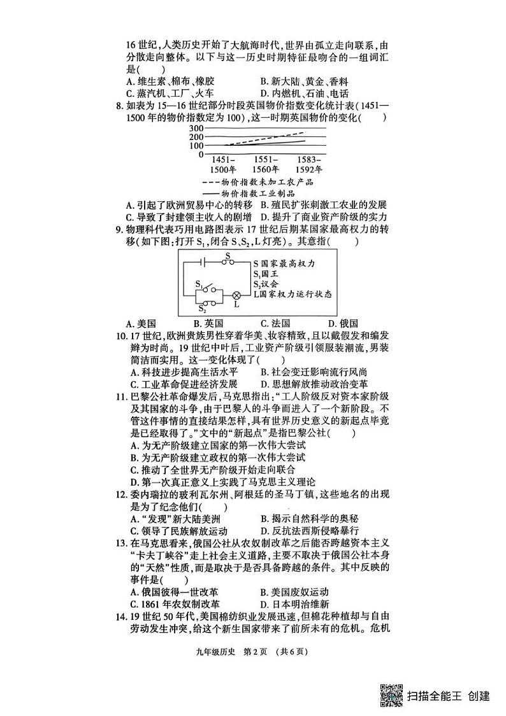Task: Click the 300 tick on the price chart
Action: [x=196, y=128]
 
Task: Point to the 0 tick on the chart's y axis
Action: [x=201, y=154]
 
